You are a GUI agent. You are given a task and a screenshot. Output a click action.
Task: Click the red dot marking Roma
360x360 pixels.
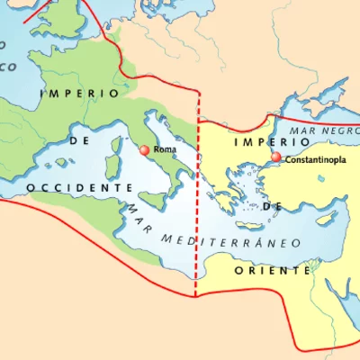[144, 150]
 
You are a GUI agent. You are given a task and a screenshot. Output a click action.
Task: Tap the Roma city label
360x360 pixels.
[164, 148]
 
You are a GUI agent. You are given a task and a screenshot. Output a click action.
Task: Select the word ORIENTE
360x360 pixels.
[273, 270]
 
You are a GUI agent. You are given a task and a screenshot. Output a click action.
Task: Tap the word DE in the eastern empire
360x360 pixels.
[274, 205]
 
